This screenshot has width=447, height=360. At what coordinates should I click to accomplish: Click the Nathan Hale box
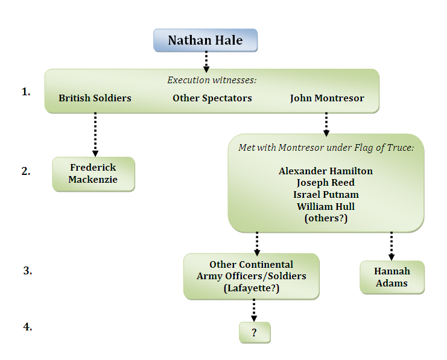[205, 40]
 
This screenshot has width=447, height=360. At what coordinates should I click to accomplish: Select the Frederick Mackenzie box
[93, 174]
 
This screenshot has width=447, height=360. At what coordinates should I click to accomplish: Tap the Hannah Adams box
[392, 277]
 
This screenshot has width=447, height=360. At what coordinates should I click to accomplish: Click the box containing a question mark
[255, 332]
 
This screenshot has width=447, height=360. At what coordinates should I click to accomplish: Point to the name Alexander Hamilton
[326, 171]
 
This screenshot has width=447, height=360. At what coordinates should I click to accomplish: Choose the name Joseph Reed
[326, 182]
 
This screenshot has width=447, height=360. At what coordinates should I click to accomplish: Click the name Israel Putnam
[326, 194]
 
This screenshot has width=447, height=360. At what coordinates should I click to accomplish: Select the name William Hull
[326, 206]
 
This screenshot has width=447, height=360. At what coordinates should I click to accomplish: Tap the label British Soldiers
[95, 98]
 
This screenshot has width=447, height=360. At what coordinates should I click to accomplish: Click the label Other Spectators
[212, 98]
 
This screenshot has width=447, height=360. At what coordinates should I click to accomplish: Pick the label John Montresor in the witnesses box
[327, 98]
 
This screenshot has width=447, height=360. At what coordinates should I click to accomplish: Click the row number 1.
[26, 92]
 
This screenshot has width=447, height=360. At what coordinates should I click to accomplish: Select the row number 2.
[26, 171]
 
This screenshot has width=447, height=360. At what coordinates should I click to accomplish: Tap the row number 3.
[27, 270]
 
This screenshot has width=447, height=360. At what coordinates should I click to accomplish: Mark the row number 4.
[27, 327]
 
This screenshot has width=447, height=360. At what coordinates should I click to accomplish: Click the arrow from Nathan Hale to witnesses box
[206, 61]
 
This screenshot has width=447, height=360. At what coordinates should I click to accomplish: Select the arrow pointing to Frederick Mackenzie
[95, 134]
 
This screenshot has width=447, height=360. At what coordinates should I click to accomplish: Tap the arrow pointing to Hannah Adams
[392, 245]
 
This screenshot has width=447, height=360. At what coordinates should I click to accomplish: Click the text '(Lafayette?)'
[251, 288]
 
